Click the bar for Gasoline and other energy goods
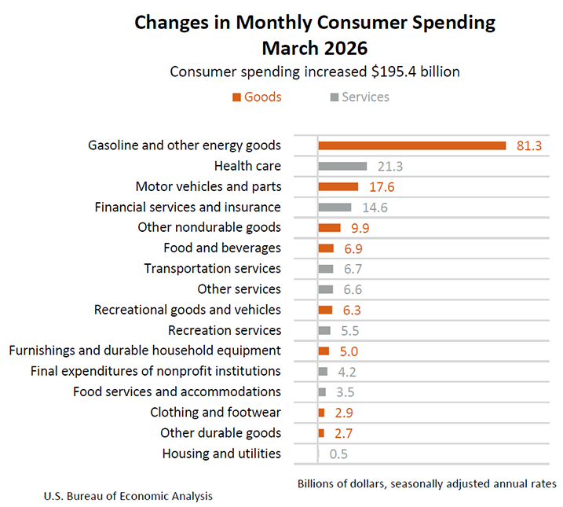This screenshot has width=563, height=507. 411,145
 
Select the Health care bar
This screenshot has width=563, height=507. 342,166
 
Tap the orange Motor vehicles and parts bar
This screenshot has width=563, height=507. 338,186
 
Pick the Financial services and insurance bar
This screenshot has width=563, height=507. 335,207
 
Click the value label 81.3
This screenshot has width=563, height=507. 529,146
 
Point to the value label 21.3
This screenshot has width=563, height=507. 390,167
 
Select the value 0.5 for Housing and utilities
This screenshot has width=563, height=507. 339,454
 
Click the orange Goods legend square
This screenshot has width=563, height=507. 236,97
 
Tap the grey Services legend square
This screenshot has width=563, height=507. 335,97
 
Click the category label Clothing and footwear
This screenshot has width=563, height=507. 215,412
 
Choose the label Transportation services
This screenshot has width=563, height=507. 212,269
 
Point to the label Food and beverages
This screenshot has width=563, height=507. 222,248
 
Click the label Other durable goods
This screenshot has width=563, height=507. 221,433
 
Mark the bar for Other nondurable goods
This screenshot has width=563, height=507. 329,227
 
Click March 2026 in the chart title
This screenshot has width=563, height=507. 314,49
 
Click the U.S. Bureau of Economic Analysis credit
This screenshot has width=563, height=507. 128,496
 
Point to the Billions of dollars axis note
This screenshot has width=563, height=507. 426,483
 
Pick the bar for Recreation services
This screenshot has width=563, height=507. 324,330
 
